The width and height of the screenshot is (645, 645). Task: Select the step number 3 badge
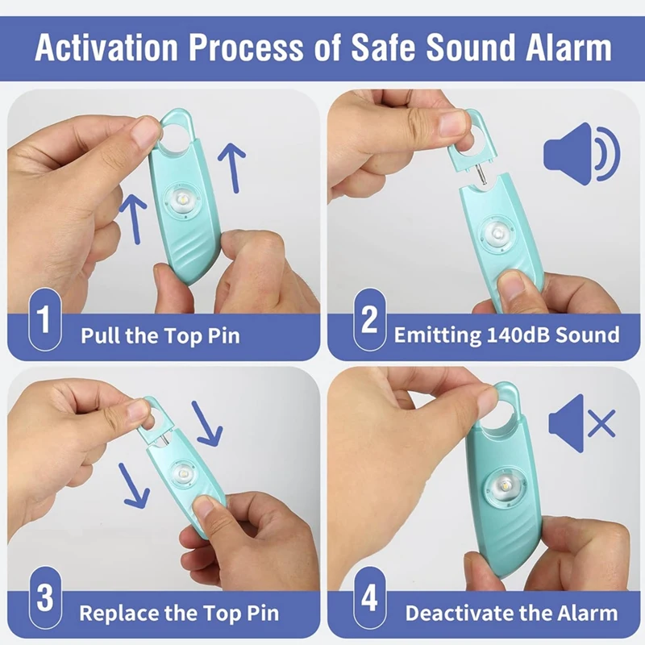[x=45, y=600]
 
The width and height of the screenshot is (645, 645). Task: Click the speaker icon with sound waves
[x=581, y=153]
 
